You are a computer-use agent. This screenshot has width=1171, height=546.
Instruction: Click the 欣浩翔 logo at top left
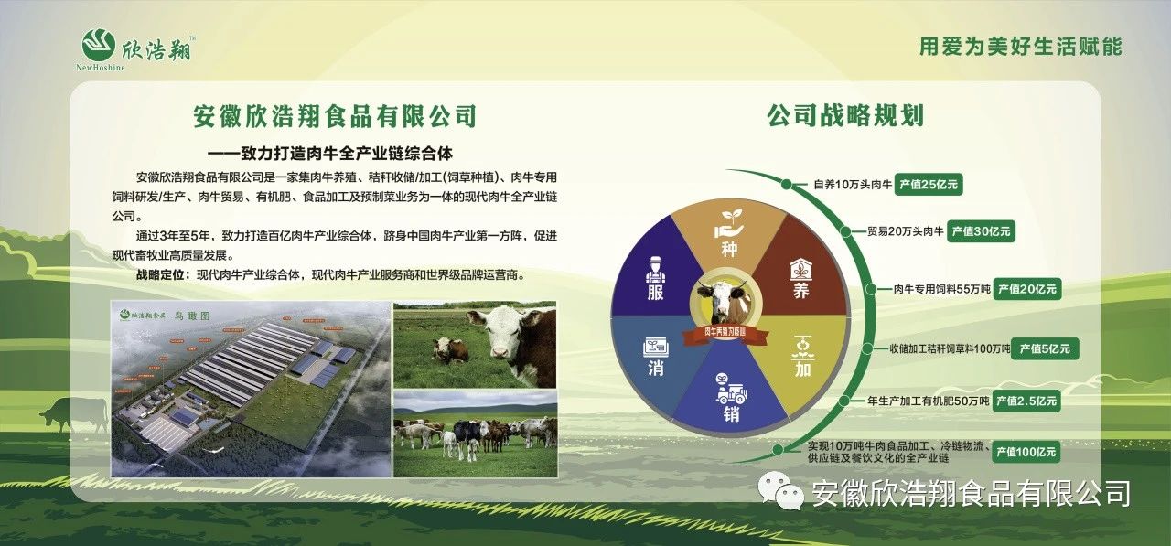point(137,47)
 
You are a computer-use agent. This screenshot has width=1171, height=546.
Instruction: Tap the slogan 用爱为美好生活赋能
point(1020,47)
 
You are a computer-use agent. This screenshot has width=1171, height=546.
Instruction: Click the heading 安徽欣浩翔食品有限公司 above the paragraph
point(335,117)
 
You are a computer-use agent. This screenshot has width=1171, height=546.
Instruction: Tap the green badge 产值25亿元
point(929,184)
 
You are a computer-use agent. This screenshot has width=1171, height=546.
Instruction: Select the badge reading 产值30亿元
point(980,231)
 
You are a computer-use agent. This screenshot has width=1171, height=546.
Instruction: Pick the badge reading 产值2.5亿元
point(1026,401)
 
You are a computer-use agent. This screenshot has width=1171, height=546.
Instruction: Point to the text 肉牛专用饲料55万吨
point(941,290)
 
